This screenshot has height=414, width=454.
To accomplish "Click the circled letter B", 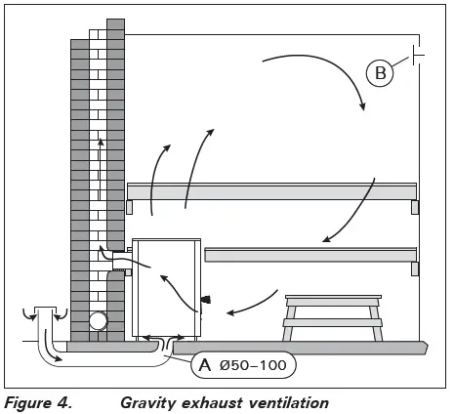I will click(378, 71).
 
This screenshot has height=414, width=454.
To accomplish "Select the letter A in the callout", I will click(204, 366).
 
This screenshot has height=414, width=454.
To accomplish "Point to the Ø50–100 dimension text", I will click(255, 366).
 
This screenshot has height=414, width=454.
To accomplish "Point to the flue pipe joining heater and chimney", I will click(121, 259).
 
